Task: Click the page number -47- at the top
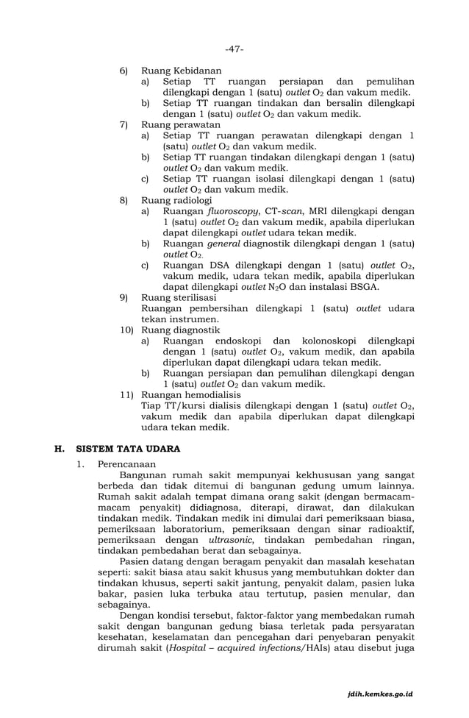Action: pos(234,49)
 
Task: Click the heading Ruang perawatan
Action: pos(180,125)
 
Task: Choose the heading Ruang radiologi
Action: pos(176,200)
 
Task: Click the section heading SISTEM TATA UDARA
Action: pos(129,449)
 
